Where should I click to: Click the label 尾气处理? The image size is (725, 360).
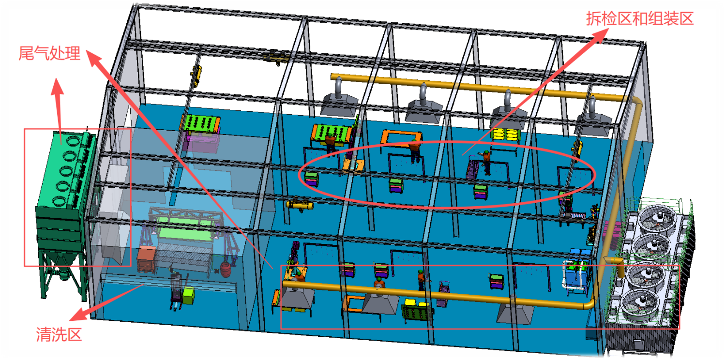(x=49, y=53)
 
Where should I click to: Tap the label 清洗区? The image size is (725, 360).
(x=59, y=334)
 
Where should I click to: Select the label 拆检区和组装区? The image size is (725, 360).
(x=639, y=18)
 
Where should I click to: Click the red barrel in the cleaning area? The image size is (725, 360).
(x=226, y=270)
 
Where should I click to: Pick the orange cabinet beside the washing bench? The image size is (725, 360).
(x=146, y=259)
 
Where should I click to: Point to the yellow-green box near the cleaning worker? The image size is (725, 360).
(x=188, y=296)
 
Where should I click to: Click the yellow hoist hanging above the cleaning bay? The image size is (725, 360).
(x=196, y=75)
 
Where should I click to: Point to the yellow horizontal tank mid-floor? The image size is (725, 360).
(x=300, y=205)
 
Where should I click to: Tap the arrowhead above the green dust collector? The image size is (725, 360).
(x=58, y=86)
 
